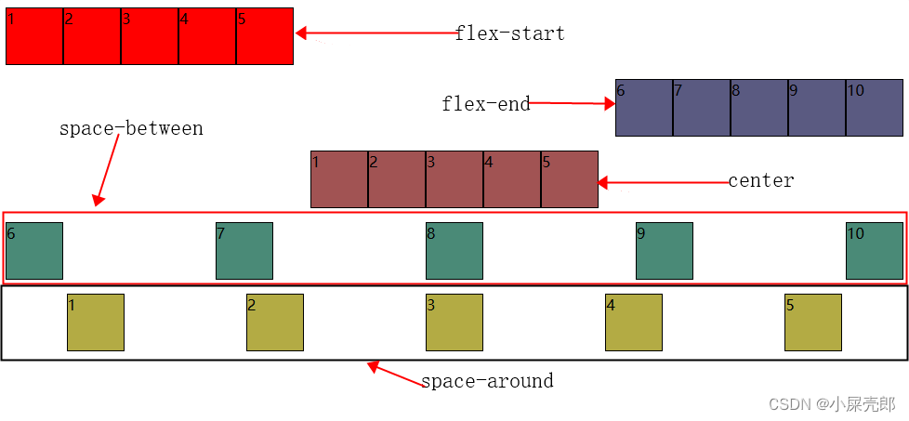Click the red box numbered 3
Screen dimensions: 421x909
tap(150, 36)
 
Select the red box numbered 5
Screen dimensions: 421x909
tap(265, 36)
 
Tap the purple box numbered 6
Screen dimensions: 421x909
tap(644, 108)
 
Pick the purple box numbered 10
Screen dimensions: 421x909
tap(875, 108)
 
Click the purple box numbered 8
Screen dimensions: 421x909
tap(759, 108)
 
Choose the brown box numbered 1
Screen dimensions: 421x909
tap(339, 179)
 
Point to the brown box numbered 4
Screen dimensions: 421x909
tap(512, 179)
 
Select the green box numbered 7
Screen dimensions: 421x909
tap(244, 251)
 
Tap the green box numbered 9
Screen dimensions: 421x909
tap(665, 251)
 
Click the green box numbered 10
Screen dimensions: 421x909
tap(875, 251)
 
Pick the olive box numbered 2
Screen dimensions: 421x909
tap(275, 322)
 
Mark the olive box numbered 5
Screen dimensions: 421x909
tap(813, 322)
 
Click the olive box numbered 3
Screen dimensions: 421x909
tap(454, 322)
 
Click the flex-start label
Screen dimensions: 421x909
tap(510, 33)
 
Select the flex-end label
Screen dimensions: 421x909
tap(486, 104)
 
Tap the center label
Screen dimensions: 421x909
tap(761, 180)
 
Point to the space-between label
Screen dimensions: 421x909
tap(131, 129)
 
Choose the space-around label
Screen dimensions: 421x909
tap(487, 381)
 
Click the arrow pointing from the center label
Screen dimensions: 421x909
tap(662, 183)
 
